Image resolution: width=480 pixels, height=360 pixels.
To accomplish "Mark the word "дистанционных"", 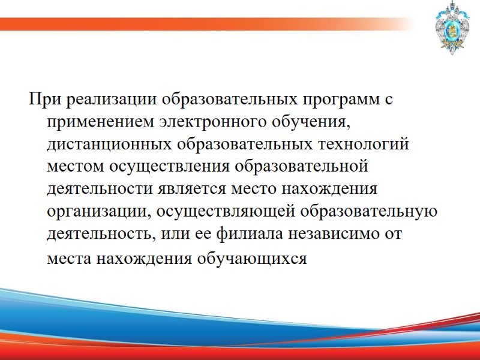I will (x=109, y=145).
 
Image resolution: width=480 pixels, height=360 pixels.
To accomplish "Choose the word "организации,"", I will (x=98, y=212).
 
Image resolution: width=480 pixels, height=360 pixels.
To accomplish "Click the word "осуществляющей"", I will (x=220, y=212).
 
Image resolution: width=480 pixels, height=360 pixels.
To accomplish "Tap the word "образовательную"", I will (x=367, y=212).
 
